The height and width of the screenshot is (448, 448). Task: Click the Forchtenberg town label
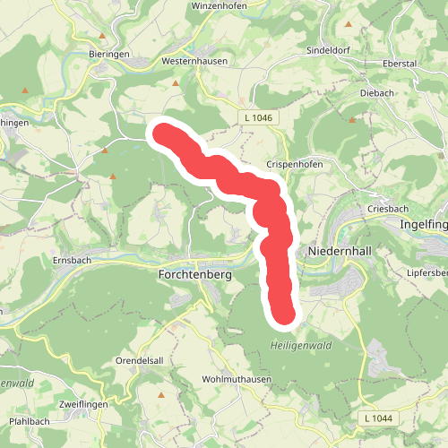[x=194, y=275]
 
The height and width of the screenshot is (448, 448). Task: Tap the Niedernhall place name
[x=338, y=252]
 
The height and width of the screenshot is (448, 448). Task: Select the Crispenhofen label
[x=293, y=166]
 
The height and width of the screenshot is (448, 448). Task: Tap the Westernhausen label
[x=194, y=61]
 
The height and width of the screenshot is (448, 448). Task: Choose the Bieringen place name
[x=109, y=54]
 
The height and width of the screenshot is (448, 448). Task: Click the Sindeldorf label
[x=325, y=49]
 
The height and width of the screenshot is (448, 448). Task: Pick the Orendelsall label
[x=138, y=361]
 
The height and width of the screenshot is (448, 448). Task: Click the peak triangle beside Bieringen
[x=104, y=37]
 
